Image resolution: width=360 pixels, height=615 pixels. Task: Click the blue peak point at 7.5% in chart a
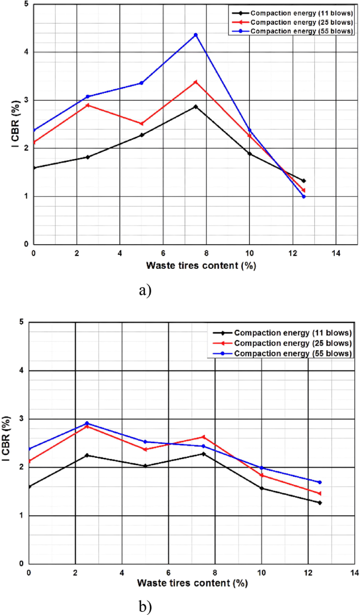tap(196, 35)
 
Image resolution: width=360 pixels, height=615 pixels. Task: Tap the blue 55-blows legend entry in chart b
tap(293, 353)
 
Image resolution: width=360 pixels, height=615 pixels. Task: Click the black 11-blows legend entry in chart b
tap(293, 332)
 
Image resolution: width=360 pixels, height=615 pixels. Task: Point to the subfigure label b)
tap(145, 607)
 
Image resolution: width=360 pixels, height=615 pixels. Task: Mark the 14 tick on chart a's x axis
tap(336, 253)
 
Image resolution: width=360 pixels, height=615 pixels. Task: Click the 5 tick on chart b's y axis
tap(22, 322)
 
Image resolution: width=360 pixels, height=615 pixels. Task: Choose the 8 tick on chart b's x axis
tap(215, 572)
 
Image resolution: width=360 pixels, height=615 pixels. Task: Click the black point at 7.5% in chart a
tap(196, 107)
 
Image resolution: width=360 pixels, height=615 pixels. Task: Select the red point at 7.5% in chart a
tap(196, 82)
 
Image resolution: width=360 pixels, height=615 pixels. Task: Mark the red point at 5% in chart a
tap(141, 124)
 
